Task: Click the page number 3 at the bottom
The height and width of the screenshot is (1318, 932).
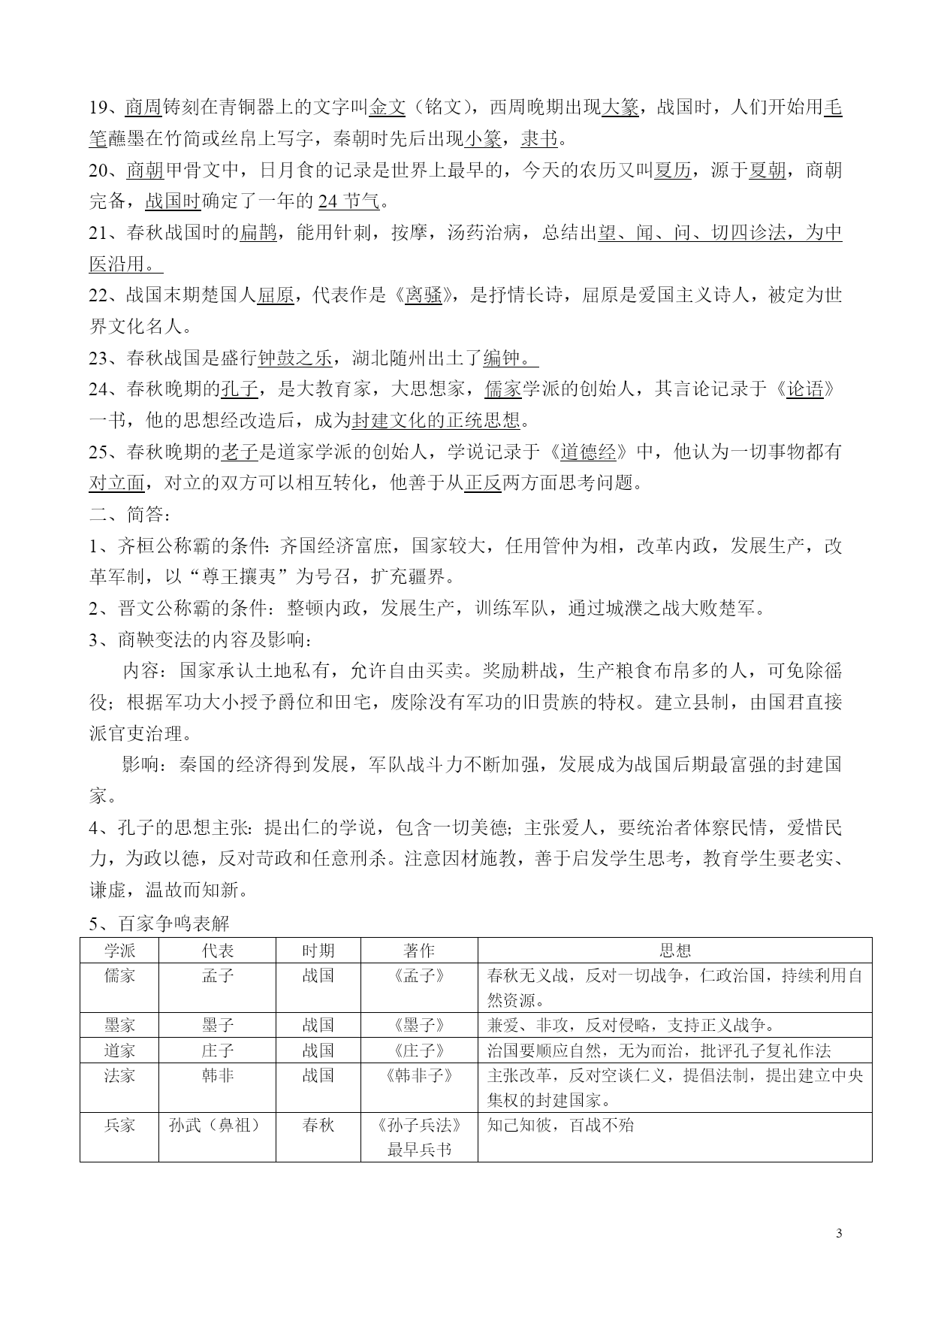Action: [x=839, y=1233]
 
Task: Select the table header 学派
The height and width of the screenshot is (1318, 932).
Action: [x=119, y=951]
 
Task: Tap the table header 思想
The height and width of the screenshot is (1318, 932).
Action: [x=674, y=951]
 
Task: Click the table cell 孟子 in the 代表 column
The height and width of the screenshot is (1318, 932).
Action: [x=218, y=976]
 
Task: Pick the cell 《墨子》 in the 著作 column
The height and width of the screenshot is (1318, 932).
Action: [x=419, y=1026]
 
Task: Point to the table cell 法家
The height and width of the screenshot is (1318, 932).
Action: [x=119, y=1075]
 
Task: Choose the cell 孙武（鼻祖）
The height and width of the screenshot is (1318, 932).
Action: [x=218, y=1125]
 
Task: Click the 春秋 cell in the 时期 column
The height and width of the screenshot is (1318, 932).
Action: [x=318, y=1125]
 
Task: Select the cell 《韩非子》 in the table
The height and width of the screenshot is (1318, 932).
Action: [x=419, y=1075]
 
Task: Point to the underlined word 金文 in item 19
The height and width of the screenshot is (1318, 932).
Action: [x=388, y=107]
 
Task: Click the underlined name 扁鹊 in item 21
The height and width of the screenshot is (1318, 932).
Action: [x=258, y=233]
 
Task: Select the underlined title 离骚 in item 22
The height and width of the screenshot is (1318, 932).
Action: [x=424, y=295]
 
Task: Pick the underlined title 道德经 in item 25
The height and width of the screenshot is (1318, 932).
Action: [x=588, y=452]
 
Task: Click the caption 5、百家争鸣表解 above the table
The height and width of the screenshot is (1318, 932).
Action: [x=159, y=923]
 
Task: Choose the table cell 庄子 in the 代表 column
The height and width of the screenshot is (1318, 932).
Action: [x=218, y=1050]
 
